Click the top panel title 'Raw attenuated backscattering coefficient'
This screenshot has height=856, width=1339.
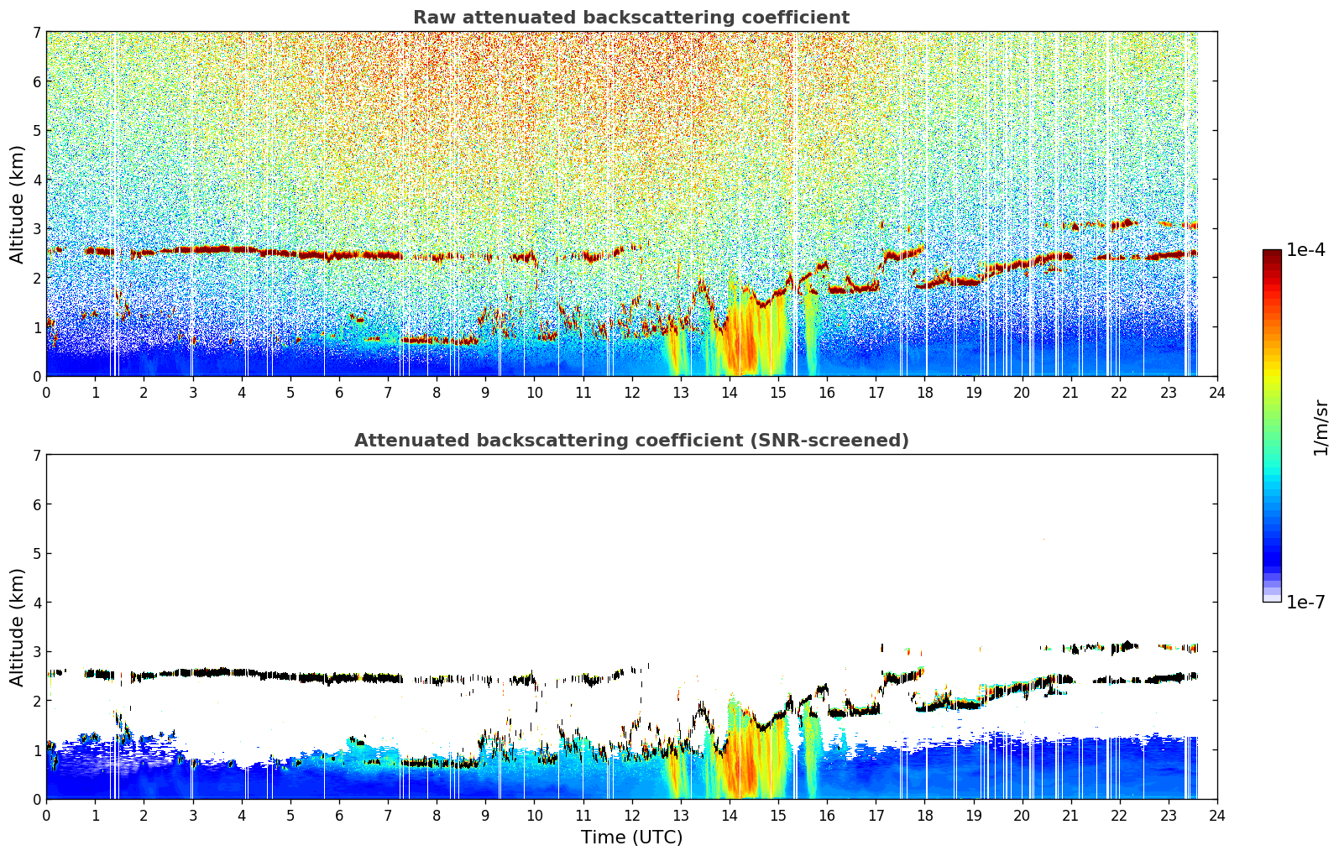631,18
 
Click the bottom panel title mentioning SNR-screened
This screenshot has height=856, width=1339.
631,440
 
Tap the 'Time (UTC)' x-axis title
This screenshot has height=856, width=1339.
631,838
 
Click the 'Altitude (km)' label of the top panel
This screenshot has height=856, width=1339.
17,205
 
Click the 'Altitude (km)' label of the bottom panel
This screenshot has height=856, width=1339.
17,627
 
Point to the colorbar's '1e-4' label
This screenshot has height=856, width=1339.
1305,250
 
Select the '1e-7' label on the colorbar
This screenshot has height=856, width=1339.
1305,602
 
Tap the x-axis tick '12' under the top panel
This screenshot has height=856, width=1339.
632,393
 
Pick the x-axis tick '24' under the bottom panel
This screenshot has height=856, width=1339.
1217,816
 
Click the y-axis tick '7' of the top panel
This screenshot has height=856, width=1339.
36,32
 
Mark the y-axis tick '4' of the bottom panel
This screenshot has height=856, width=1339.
36,603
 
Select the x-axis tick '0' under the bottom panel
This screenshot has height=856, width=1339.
47,816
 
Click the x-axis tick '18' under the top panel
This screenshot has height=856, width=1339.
925,393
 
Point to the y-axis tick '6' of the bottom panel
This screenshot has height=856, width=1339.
36,504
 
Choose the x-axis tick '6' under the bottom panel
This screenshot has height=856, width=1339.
339,816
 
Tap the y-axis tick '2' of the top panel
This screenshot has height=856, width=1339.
36,278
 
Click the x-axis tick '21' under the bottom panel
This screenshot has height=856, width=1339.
1070,816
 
